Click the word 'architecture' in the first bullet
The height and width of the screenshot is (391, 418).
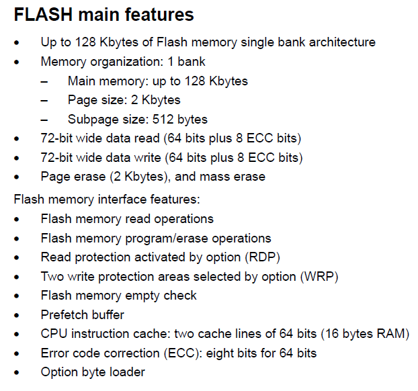click(x=339, y=42)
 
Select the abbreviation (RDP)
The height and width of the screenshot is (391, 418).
click(x=262, y=257)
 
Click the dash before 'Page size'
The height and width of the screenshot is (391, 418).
click(x=44, y=100)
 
